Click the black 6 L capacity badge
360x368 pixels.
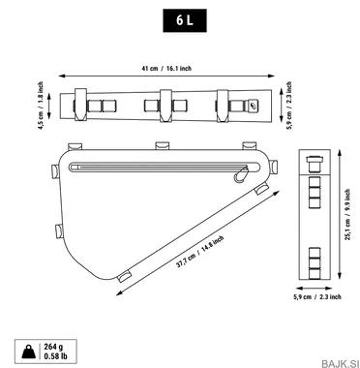click(185, 20)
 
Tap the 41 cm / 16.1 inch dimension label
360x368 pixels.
click(166, 69)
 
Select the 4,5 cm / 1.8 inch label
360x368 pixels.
click(41, 106)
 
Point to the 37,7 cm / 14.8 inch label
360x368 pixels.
click(200, 252)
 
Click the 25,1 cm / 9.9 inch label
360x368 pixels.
click(347, 215)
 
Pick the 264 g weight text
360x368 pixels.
click(53, 347)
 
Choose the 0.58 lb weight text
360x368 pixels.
click(55, 356)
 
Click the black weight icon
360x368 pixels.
click(29, 352)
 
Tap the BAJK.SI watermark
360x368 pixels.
click(340, 363)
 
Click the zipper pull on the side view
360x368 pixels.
click(240, 174)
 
